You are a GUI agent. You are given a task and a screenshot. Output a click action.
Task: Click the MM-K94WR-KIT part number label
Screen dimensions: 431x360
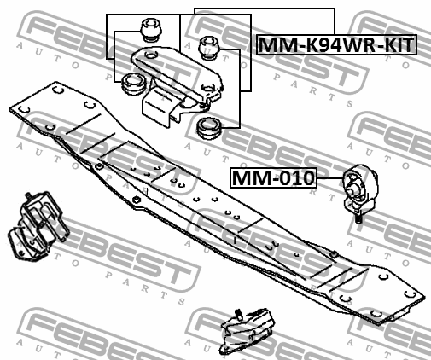point(336,44)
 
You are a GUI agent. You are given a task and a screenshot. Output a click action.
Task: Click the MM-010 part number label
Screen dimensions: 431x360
point(273,177)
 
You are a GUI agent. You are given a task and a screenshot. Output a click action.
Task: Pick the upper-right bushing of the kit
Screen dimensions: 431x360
point(210,48)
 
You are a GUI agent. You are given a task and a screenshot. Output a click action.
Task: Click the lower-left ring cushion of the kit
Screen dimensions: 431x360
point(134,84)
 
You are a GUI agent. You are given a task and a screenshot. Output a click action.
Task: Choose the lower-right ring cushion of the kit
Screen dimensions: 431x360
point(209,128)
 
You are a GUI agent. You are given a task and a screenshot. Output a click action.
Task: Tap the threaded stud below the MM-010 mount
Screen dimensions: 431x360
point(358,218)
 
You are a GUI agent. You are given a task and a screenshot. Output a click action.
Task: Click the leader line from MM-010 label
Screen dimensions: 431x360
point(330,178)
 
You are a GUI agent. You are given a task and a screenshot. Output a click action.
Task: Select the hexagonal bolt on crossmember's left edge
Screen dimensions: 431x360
point(137,200)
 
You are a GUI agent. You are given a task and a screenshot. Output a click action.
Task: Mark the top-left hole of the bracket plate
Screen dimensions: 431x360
point(151,54)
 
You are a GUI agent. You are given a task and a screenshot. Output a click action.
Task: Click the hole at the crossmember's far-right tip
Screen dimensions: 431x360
point(410,293)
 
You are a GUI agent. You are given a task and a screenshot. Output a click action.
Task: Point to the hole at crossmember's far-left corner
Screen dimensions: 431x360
point(24,109)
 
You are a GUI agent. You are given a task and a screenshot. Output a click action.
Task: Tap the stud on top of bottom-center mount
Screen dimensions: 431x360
point(238,313)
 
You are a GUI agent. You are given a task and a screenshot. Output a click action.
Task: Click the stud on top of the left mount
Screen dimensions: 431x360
point(28,196)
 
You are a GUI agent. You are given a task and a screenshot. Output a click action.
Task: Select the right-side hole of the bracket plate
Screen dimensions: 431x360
point(208,87)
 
